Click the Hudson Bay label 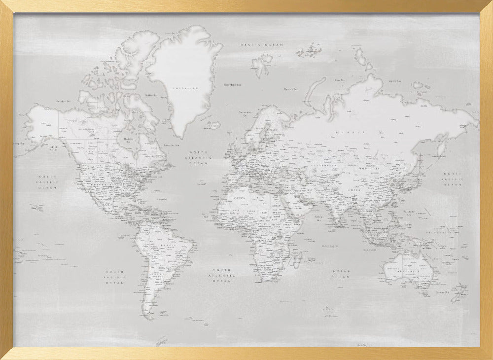[x=128, y=140]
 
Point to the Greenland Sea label [x=232, y=84]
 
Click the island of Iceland [x=213, y=125]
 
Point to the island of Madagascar [x=298, y=258]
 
